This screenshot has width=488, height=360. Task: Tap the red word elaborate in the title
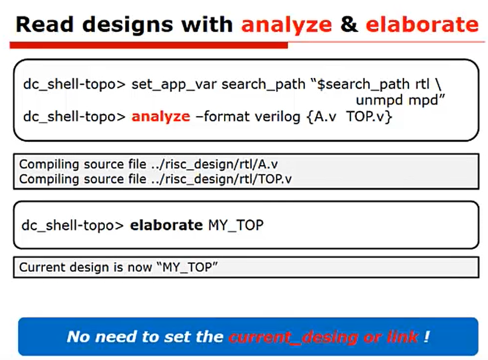tap(422, 24)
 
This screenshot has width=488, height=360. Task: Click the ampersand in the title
tap(349, 24)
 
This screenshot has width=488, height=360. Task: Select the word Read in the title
tap(45, 24)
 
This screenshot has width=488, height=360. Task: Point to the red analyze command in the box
tap(161, 117)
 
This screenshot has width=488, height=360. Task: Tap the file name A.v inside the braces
tap(325, 117)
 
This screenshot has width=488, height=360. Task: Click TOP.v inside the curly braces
tap(366, 117)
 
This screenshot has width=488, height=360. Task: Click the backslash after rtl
tap(438, 85)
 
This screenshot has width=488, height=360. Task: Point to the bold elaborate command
tap(166, 225)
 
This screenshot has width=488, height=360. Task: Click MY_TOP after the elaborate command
tap(236, 225)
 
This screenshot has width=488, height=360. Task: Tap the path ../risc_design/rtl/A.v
tap(214, 165)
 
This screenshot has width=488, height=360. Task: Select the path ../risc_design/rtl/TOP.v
tap(221, 179)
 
